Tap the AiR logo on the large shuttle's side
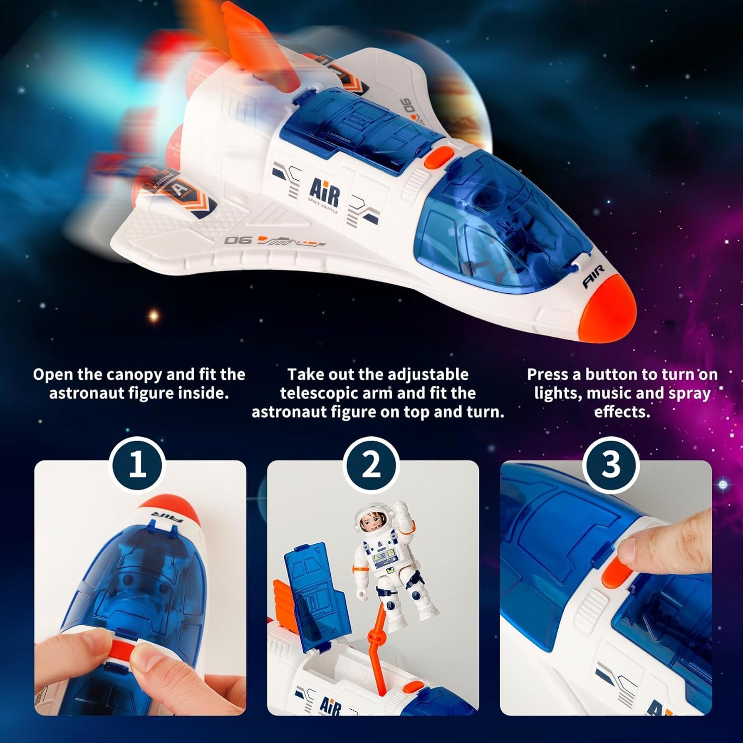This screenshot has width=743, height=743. tap(324, 193)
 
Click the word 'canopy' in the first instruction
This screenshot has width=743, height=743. tap(130, 374)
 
